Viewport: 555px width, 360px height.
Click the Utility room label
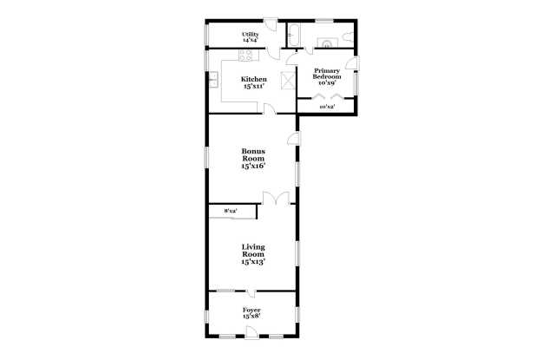(x=250, y=36)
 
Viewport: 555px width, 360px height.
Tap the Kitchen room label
(x=253, y=83)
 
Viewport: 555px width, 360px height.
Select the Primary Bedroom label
(x=327, y=75)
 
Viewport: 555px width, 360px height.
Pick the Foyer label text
(x=252, y=312)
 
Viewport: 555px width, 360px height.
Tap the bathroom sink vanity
(x=327, y=40)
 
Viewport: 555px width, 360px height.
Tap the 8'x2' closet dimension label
(x=231, y=211)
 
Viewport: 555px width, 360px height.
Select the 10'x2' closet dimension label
(x=326, y=107)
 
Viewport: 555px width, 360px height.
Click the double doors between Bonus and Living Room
(x=277, y=199)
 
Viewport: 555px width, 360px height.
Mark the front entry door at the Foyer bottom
(x=251, y=332)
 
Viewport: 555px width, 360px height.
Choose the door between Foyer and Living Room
(x=250, y=292)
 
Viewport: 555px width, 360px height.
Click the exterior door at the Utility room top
(x=271, y=22)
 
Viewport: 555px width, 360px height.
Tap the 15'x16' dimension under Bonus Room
(x=252, y=166)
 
